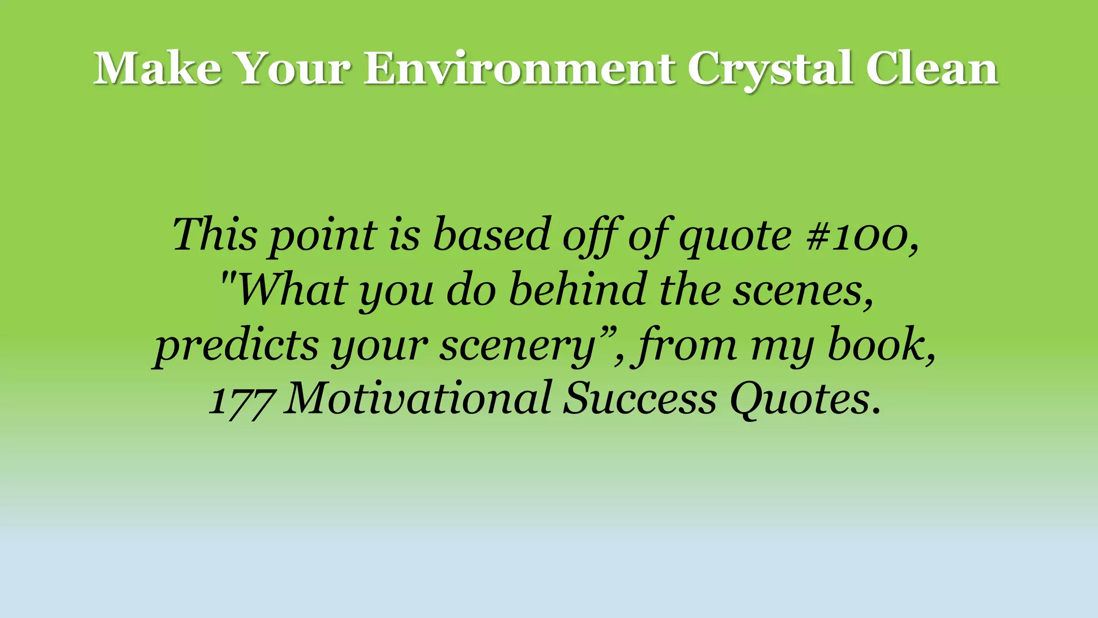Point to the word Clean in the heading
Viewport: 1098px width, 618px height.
tap(932, 69)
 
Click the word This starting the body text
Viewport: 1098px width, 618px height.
tap(214, 234)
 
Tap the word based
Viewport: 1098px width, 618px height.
tap(492, 234)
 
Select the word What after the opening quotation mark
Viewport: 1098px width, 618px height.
tap(292, 290)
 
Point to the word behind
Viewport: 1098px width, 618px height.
tap(577, 290)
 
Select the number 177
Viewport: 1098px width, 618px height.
tap(242, 400)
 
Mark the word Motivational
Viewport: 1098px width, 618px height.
tap(418, 399)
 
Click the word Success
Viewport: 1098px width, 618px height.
tap(640, 399)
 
